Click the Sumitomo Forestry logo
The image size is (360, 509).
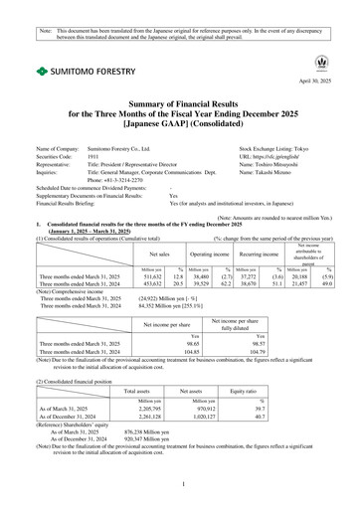point(72,72)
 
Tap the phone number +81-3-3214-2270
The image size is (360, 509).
point(127,178)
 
